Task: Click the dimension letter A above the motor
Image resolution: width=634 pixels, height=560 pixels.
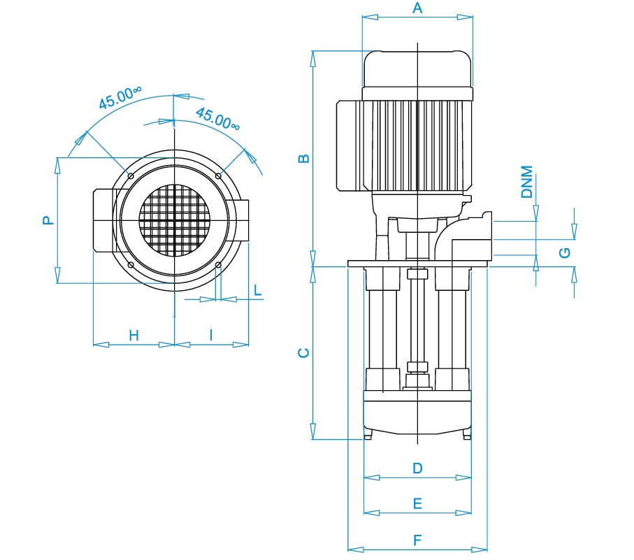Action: (x=417, y=8)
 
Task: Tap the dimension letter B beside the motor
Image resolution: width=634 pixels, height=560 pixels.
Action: (x=303, y=159)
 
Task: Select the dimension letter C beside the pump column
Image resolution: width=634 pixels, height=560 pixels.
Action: (x=303, y=353)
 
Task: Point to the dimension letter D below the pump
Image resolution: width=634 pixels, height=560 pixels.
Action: (x=418, y=468)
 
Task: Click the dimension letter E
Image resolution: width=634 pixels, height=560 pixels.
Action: (x=418, y=503)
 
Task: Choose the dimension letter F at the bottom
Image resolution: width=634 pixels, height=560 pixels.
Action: (x=418, y=540)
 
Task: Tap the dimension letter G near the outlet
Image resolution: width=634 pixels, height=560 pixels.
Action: (x=565, y=252)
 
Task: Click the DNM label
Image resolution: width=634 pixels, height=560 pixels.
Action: (x=527, y=182)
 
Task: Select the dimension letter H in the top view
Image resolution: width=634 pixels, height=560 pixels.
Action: (x=134, y=336)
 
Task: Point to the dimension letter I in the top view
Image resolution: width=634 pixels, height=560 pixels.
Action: (x=211, y=335)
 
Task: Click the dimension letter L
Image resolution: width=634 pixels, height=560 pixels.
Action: (x=257, y=290)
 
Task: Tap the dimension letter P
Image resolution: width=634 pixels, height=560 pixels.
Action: (x=48, y=220)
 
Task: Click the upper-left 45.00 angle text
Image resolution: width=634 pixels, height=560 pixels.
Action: (x=120, y=97)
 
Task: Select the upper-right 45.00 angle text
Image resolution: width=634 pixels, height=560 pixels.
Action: (x=218, y=119)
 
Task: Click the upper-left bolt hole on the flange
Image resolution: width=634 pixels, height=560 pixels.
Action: (x=131, y=176)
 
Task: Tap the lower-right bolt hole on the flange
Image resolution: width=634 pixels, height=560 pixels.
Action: (x=218, y=265)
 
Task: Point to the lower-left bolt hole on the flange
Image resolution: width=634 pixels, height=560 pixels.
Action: (x=131, y=265)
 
